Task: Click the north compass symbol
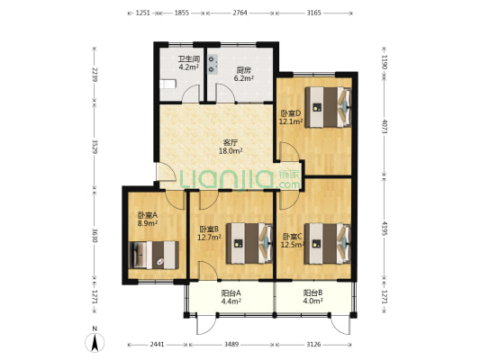95,340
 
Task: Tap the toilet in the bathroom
168,84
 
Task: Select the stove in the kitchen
213,65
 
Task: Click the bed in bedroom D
328,107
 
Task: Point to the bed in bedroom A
154,255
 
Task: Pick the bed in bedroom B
249,244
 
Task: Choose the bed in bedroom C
328,244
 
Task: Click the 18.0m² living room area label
231,150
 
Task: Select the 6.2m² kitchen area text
244,78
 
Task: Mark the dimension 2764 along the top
240,13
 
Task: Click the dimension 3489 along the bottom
231,345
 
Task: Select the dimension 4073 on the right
385,126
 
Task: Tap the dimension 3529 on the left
95,147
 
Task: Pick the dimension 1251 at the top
143,13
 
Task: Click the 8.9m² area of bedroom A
148,223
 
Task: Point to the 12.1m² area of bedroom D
291,121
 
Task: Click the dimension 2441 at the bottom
157,345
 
